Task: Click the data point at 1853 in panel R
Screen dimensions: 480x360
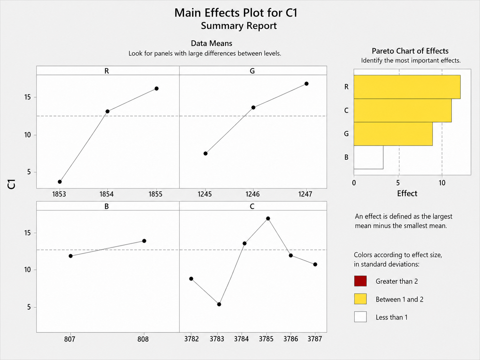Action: click(x=60, y=182)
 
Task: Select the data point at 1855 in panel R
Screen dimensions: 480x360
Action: click(x=156, y=89)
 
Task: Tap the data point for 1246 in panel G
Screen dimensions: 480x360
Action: click(x=253, y=107)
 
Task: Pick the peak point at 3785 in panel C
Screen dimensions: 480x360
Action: click(x=268, y=218)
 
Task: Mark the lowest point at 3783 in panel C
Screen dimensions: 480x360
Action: click(x=219, y=304)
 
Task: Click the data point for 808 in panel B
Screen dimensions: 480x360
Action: click(x=144, y=241)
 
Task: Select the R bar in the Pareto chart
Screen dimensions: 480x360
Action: click(x=407, y=87)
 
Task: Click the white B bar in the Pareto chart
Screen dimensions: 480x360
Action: click(x=369, y=157)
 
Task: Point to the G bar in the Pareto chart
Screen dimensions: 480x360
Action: click(x=393, y=134)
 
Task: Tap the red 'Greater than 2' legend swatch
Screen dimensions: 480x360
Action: click(x=360, y=281)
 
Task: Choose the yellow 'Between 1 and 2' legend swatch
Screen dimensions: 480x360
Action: click(x=360, y=299)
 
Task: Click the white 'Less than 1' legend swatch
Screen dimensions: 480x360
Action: click(x=360, y=317)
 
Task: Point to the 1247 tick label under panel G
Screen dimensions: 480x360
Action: click(x=305, y=194)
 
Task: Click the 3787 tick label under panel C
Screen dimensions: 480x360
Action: click(x=315, y=339)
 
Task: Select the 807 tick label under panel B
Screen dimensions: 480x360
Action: click(x=70, y=339)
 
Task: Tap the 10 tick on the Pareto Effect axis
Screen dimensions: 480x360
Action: click(x=442, y=183)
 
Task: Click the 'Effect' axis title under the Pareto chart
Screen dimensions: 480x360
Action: click(x=407, y=194)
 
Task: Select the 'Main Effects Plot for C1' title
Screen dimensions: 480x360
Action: click(x=236, y=13)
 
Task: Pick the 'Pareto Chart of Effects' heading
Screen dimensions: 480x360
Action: click(x=410, y=51)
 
